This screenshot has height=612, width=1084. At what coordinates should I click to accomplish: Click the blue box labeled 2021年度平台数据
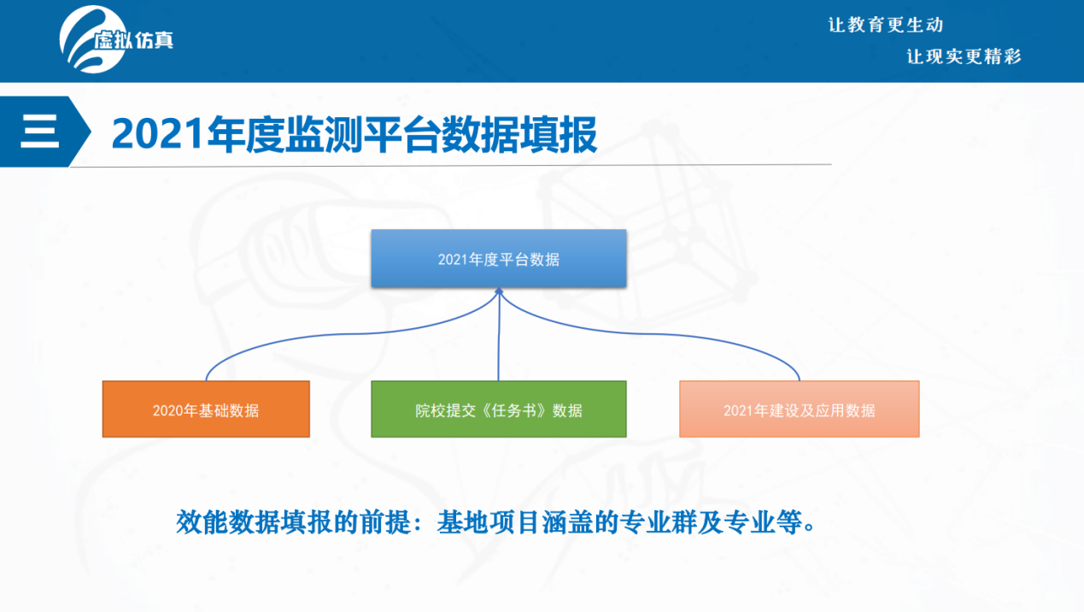point(499,258)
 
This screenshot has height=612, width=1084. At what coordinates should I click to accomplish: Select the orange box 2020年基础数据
point(206,409)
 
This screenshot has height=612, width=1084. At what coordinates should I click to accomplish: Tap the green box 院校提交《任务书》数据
point(499,409)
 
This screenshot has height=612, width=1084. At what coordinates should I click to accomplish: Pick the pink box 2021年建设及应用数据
point(800,409)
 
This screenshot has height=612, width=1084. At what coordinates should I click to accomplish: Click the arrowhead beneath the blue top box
point(499,291)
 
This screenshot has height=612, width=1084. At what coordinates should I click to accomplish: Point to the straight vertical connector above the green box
point(499,337)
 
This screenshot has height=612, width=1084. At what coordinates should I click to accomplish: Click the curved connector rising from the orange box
point(339,334)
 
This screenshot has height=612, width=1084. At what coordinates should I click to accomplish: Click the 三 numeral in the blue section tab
point(39,132)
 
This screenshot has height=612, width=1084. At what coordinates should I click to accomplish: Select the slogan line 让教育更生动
point(886,25)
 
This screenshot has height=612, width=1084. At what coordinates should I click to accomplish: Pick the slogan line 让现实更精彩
point(964,56)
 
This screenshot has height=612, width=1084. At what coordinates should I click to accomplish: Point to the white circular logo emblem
point(92,39)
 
